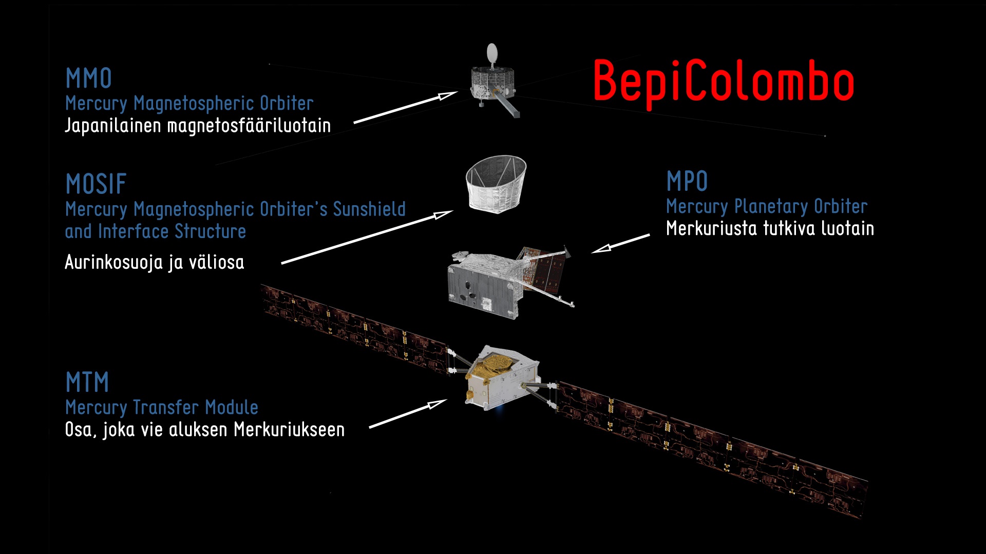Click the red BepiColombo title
coord(723,82)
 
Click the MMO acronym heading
coord(88,78)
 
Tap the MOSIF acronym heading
coord(96,184)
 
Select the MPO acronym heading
coord(687,181)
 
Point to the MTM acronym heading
coord(87,382)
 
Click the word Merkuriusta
coord(711,228)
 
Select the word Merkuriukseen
coord(289,429)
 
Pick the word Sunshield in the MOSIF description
coord(369,209)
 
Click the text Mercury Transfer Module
coord(162,407)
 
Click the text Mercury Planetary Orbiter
coord(767,206)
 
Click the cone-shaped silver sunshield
coord(496,184)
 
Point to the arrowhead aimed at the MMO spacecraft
coord(447,95)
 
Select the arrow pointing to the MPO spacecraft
coord(620,244)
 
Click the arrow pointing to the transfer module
coord(408,413)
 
